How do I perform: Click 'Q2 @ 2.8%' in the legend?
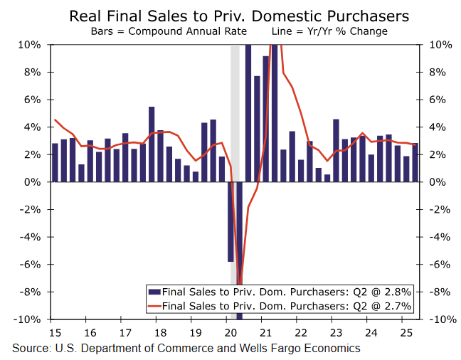[387, 292]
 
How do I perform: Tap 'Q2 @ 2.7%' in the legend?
[387, 306]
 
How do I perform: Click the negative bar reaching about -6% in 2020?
[231, 222]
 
